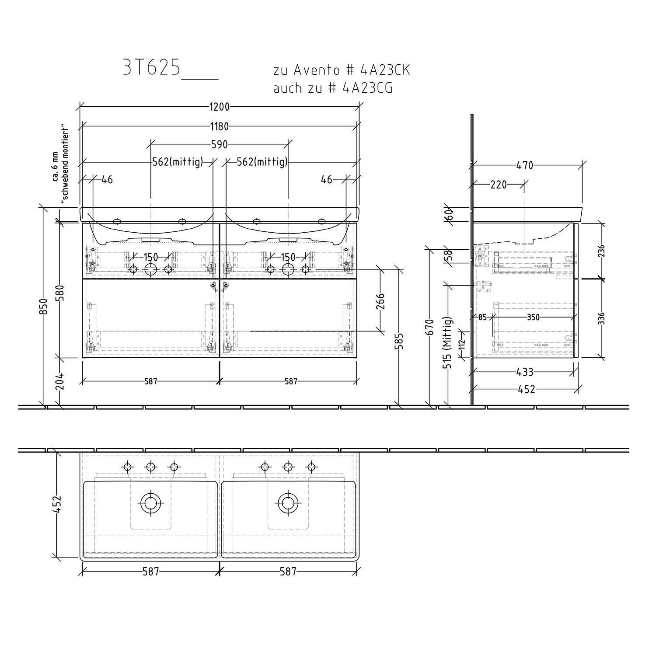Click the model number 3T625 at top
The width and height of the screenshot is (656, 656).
[151, 68]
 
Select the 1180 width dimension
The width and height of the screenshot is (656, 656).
[220, 127]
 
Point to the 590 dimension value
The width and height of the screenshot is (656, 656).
[220, 144]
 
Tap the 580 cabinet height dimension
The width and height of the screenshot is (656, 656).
[60, 293]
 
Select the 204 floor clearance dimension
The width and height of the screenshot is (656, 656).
[60, 382]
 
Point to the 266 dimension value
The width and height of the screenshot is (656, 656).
[380, 301]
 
